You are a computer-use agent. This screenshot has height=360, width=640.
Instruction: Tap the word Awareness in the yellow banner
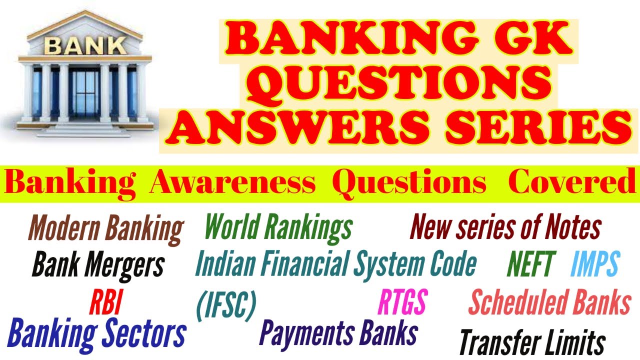232,183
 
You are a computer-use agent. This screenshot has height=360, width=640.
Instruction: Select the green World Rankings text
278,228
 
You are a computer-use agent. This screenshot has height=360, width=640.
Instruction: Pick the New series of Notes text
505,227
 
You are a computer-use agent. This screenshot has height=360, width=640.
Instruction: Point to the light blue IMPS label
594,264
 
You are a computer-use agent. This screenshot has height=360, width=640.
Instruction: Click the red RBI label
105,302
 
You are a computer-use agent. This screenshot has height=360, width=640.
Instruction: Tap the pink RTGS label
402,302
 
